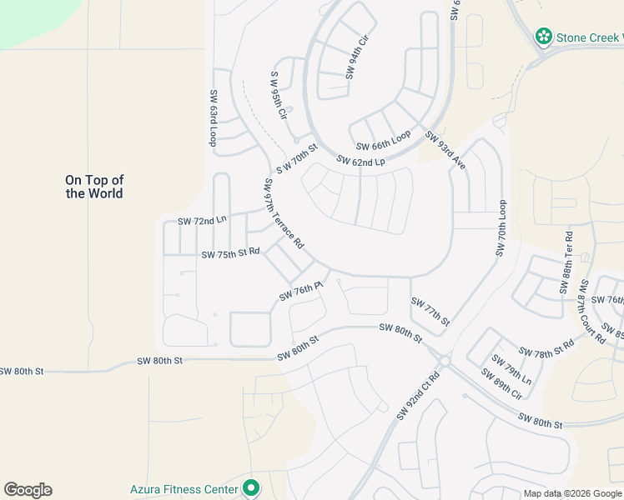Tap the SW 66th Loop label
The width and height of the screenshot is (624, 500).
[384, 138]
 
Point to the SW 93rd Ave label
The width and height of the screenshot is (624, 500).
[445, 150]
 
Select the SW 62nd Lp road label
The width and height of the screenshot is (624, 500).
[361, 161]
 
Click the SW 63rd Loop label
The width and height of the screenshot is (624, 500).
[214, 118]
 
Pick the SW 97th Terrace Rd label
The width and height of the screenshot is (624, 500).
[284, 214]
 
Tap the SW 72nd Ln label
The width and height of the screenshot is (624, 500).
[202, 221]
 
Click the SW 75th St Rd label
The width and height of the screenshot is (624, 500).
[230, 252]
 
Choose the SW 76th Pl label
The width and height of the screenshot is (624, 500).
[300, 291]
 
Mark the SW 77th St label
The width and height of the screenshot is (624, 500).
[430, 311]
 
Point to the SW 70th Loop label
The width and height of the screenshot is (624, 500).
[501, 227]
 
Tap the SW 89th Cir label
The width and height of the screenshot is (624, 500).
[501, 383]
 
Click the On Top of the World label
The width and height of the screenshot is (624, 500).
[94, 187]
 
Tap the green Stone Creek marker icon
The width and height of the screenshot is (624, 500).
[544, 36]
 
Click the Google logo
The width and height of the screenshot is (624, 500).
[28, 490]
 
